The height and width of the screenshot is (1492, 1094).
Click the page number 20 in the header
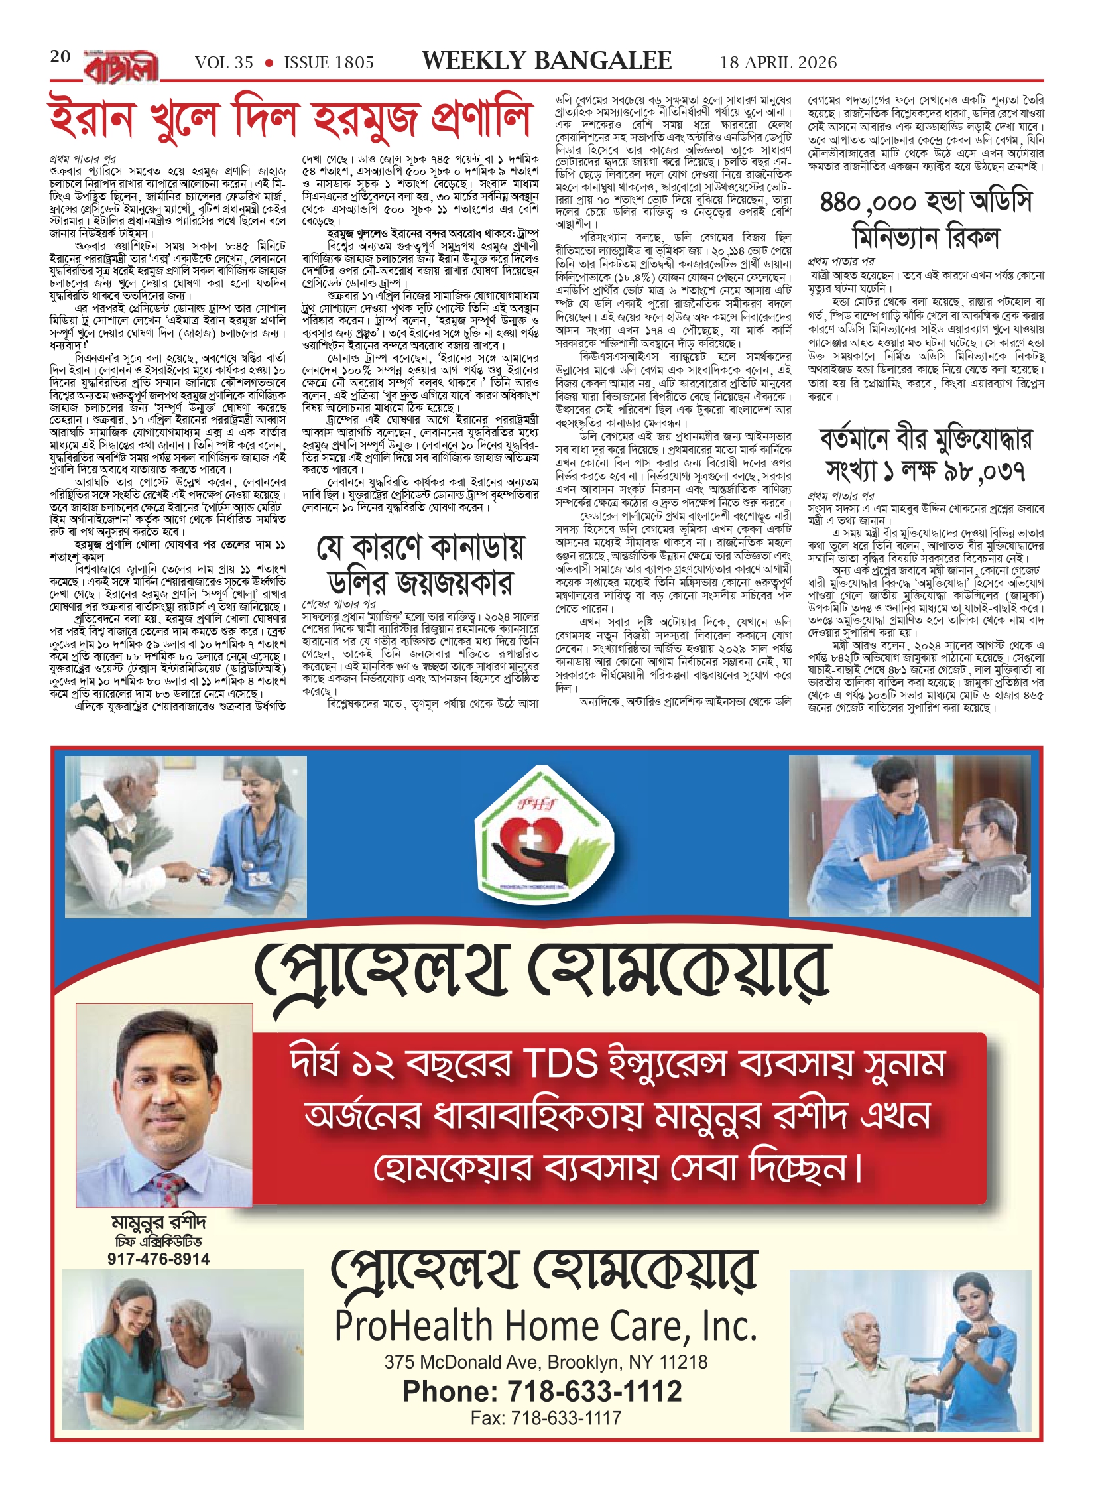60,57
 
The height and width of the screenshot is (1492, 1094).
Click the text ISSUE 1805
329,62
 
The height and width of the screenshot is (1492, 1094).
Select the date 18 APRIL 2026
778,62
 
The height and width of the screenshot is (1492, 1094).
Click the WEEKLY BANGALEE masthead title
546,61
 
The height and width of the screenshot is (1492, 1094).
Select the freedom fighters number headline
926,456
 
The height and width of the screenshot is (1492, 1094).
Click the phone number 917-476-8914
158,1259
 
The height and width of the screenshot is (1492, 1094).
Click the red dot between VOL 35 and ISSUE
269,63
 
